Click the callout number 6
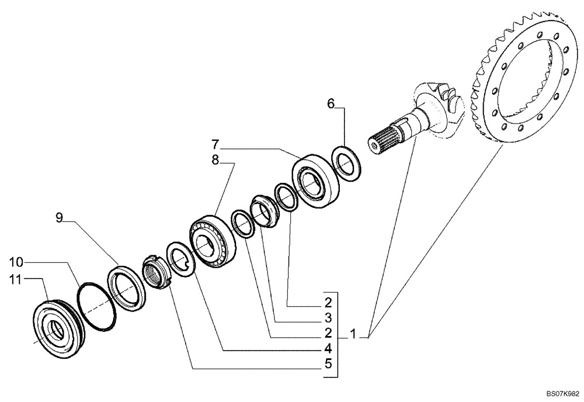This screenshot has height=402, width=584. (331, 104)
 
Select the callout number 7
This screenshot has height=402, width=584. (215, 143)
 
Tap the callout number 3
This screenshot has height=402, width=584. (328, 318)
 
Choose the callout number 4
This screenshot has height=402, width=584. (328, 349)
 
